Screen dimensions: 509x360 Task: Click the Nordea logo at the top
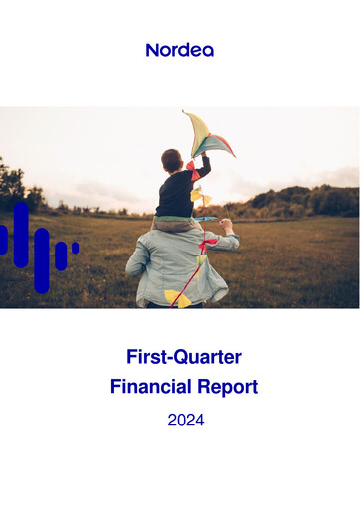(x=179, y=49)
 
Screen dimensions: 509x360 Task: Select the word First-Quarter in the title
(x=184, y=356)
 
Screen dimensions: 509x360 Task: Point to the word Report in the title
(x=228, y=387)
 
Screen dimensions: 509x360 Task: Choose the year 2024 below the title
(x=185, y=420)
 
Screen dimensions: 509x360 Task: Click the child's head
(x=172, y=159)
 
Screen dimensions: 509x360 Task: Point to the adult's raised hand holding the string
(x=226, y=226)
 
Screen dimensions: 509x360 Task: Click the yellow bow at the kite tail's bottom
(x=176, y=296)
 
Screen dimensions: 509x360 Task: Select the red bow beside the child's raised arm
(x=190, y=166)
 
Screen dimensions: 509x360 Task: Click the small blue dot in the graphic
(x=75, y=247)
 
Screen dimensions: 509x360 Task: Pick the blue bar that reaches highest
(x=21, y=235)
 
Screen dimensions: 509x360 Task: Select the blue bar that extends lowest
(x=41, y=260)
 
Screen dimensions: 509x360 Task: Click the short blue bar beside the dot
(x=60, y=255)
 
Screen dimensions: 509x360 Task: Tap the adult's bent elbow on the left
(x=132, y=266)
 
